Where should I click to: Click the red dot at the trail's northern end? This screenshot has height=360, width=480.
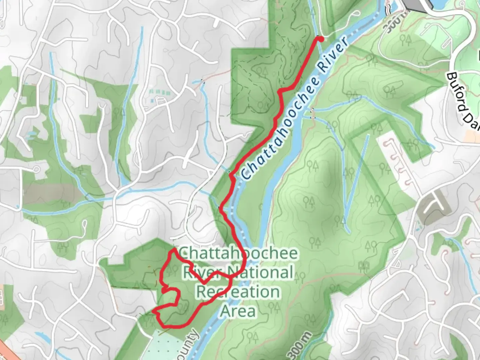(321, 39)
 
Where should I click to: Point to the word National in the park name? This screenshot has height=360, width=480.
(261, 272)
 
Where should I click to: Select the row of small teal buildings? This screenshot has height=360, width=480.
(160, 92)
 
